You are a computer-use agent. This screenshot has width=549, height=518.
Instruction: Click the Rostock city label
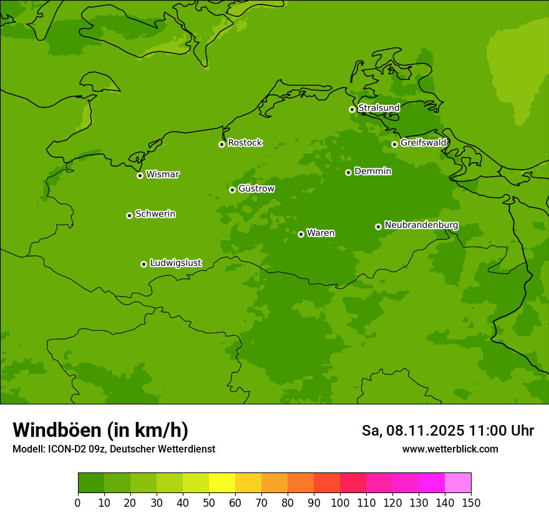click(x=245, y=143)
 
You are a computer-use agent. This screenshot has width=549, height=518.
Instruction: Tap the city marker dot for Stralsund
click(x=352, y=109)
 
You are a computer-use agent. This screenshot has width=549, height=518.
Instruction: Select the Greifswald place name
click(x=423, y=143)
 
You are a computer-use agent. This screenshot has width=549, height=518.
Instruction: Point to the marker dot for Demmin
click(x=348, y=172)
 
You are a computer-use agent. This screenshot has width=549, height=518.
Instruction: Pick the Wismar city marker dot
click(x=140, y=175)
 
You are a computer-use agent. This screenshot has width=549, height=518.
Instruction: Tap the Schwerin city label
click(x=155, y=214)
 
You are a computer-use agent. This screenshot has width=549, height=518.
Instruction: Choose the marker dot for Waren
click(x=301, y=234)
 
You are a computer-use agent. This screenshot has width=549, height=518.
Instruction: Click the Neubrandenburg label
click(x=421, y=225)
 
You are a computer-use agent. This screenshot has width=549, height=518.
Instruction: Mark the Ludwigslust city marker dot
click(x=143, y=264)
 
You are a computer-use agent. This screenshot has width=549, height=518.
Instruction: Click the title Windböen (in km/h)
click(x=100, y=430)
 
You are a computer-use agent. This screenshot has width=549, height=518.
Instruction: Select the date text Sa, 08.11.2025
click(x=413, y=431)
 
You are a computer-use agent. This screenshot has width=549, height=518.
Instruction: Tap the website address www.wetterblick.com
click(x=450, y=449)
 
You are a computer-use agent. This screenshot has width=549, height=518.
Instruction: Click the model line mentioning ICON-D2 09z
click(x=114, y=449)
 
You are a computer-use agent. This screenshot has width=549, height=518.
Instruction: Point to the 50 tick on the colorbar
click(x=209, y=502)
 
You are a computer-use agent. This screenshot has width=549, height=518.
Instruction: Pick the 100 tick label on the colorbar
click(x=340, y=502)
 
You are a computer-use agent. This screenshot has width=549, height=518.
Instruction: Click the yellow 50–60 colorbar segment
click(x=222, y=483)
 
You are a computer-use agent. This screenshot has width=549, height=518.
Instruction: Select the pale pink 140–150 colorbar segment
click(x=458, y=483)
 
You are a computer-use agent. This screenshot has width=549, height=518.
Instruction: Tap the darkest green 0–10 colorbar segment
click(x=91, y=483)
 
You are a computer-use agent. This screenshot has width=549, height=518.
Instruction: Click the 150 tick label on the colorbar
click(x=471, y=502)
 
